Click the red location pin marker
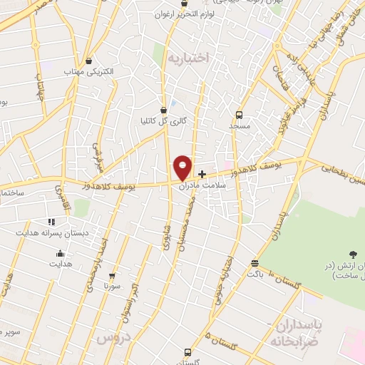click(x=182, y=168)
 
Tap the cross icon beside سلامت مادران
click(x=202, y=174)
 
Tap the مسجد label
click(x=241, y=125)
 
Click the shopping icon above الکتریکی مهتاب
click(x=88, y=61)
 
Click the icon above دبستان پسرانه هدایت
click(x=50, y=222)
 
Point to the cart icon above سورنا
click(x=111, y=276)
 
